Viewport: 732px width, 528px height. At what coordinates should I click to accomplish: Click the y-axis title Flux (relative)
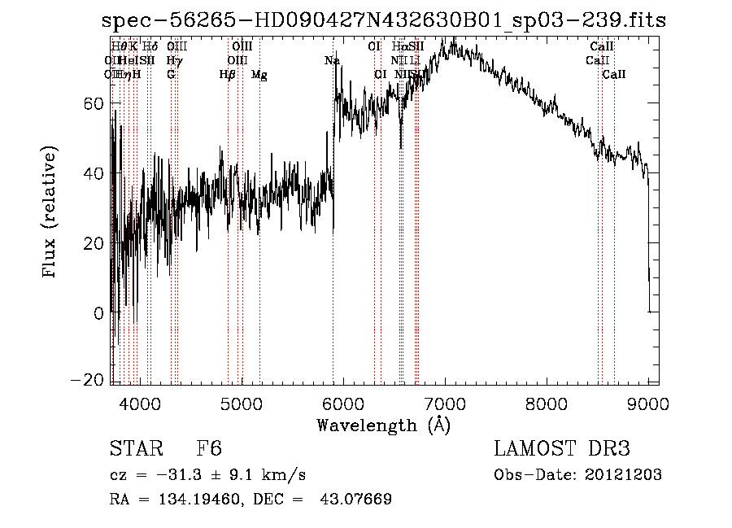50,213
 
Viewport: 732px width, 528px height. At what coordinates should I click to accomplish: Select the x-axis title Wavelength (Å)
383,425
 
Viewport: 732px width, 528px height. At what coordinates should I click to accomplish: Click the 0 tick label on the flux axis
99,312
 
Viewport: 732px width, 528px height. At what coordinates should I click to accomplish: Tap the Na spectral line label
332,61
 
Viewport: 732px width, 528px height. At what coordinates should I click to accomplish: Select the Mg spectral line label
259,75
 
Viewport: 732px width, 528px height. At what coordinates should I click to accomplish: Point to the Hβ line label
228,75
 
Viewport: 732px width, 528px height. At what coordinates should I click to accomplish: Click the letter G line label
171,75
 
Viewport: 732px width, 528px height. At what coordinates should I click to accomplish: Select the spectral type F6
208,449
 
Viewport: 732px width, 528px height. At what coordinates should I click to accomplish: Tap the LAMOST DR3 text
562,449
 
